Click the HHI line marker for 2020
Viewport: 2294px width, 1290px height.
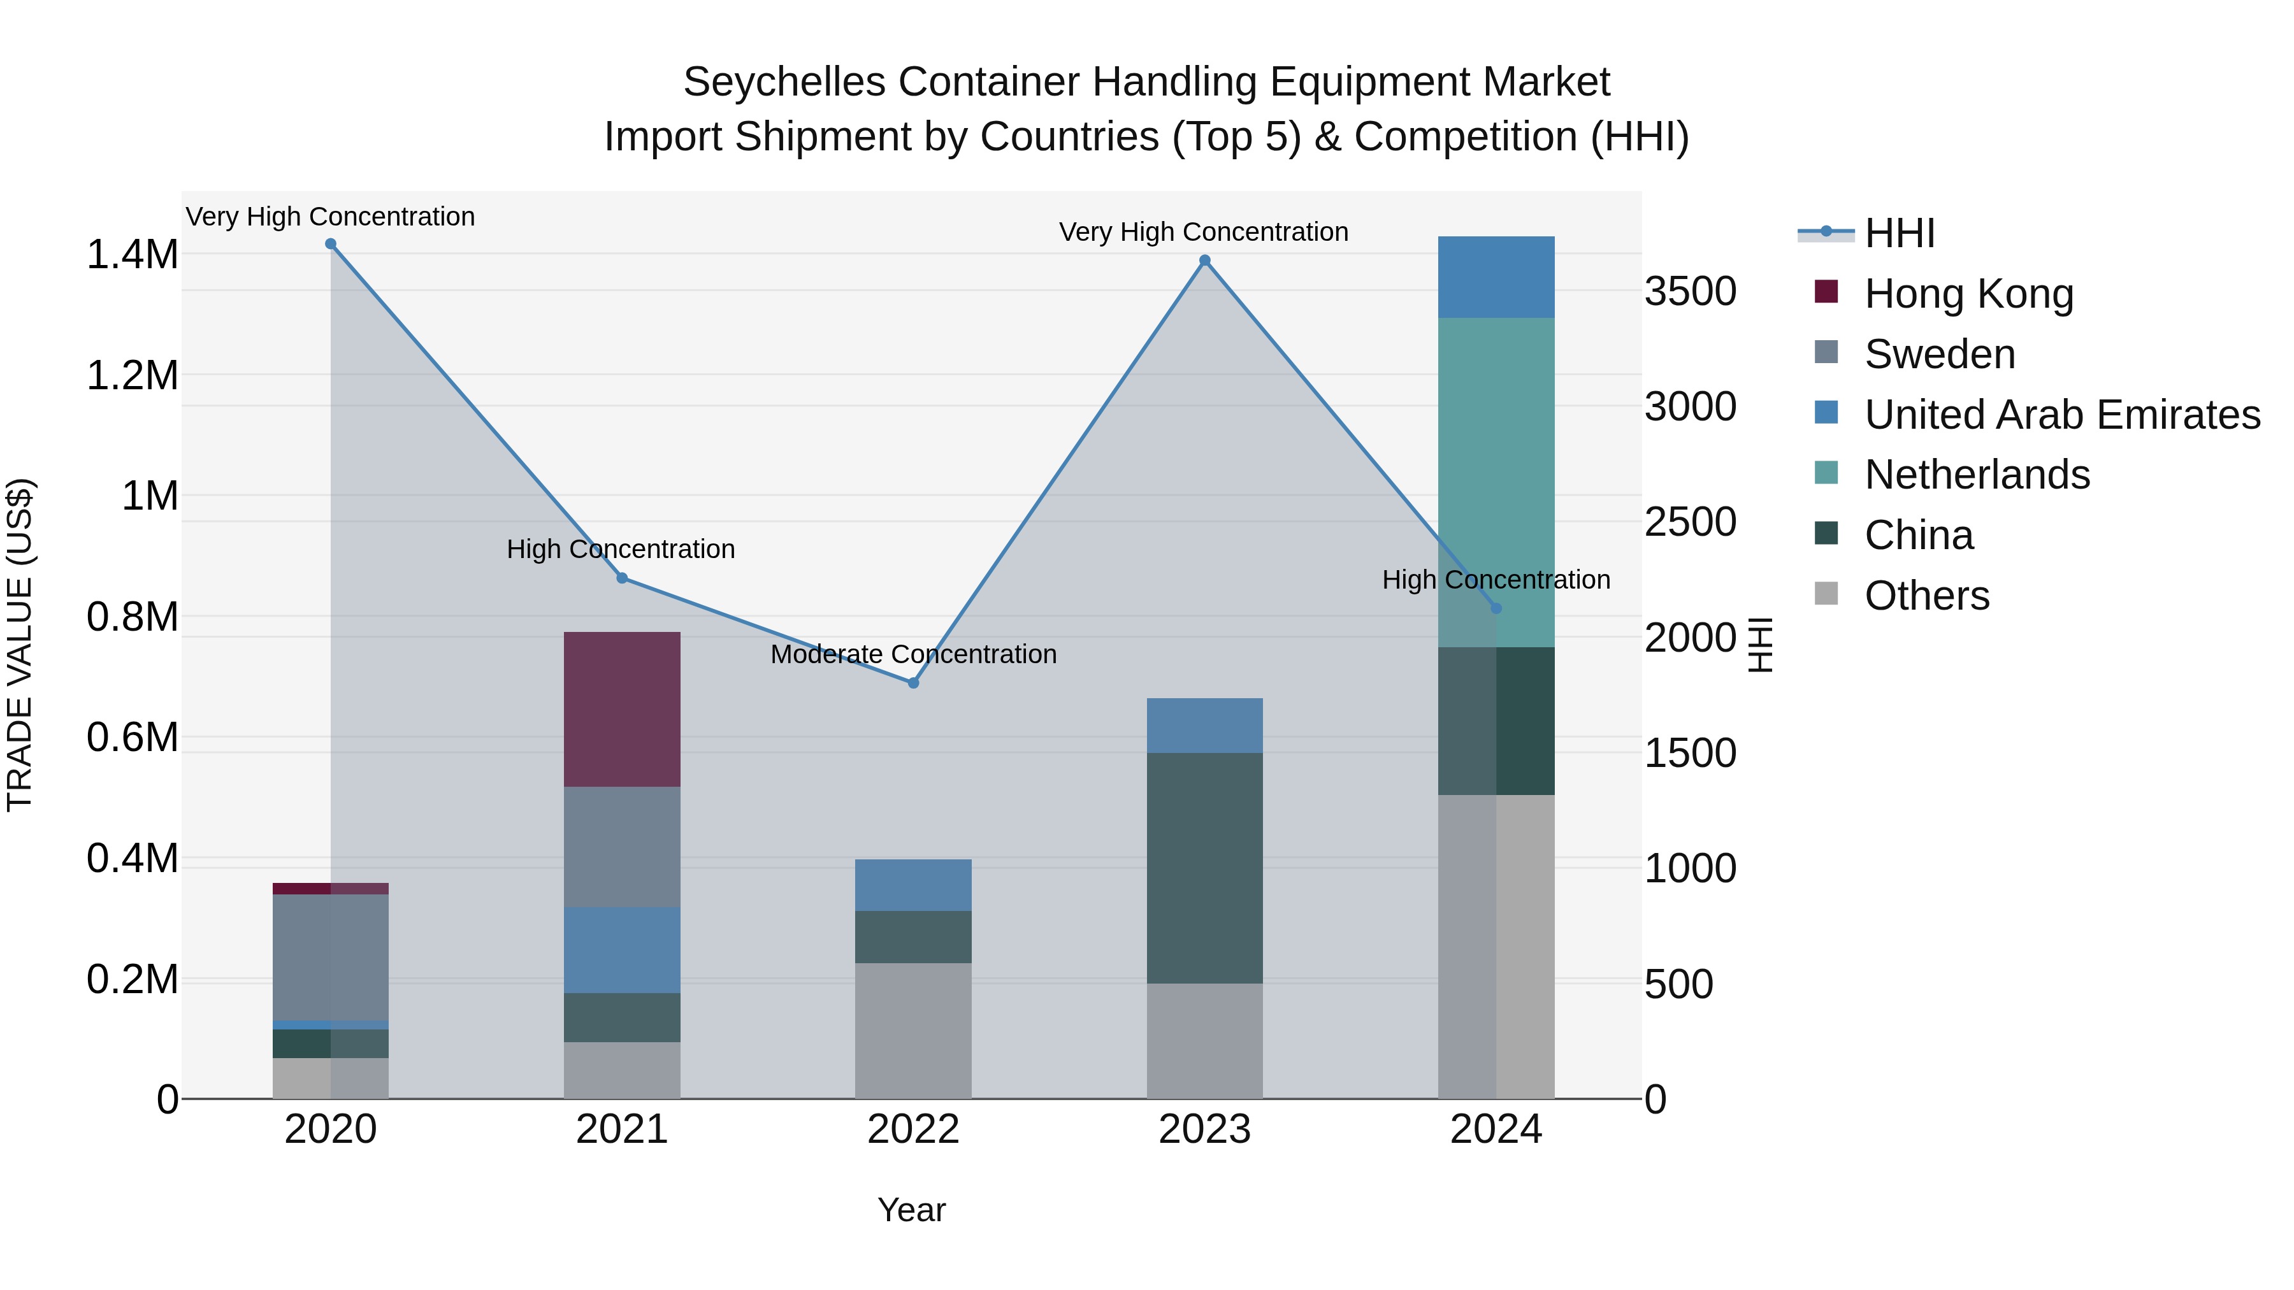click(330, 244)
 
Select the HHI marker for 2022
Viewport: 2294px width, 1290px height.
click(913, 683)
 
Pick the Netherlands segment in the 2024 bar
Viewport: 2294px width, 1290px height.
click(1496, 482)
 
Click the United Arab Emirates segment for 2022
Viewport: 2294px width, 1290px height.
click(913, 885)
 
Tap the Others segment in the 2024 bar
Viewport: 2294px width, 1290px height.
click(1496, 947)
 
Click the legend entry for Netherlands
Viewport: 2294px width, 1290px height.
click(1976, 475)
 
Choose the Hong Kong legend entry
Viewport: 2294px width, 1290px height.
click(1968, 294)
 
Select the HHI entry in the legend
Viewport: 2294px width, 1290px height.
click(1899, 233)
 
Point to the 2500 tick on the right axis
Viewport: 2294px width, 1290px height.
click(1689, 522)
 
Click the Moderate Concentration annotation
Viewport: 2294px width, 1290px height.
click(913, 654)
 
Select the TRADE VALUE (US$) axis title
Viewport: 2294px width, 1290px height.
click(20, 645)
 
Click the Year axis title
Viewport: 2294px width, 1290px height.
click(911, 1210)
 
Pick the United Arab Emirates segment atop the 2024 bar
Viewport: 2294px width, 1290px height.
click(1496, 277)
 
